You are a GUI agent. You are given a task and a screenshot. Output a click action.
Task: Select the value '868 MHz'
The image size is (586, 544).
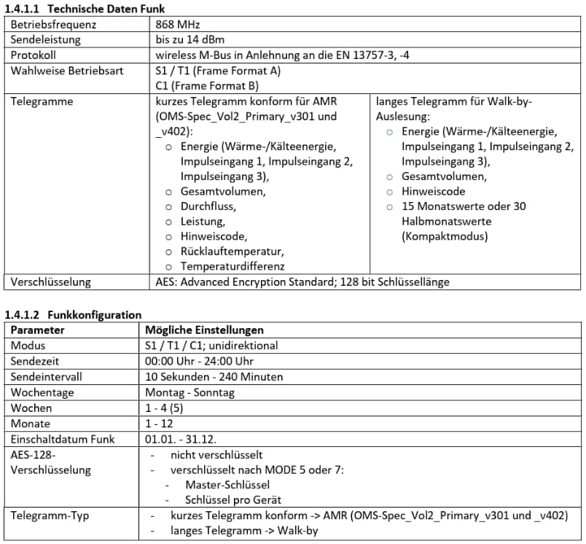177,24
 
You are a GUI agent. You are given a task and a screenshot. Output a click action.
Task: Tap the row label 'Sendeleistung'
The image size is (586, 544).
45,39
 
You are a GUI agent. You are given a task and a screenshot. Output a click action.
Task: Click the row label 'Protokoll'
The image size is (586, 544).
34,55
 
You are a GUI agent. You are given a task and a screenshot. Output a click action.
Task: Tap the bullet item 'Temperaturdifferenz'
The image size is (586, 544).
233,267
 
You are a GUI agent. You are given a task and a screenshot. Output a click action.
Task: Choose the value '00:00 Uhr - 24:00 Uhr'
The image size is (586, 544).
200,361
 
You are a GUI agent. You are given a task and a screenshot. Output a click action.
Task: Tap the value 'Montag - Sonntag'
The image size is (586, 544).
190,392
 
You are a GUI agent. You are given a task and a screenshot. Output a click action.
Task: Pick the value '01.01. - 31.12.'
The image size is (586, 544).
181,439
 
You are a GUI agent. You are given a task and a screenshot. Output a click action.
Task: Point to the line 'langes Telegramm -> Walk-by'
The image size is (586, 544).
244,531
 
